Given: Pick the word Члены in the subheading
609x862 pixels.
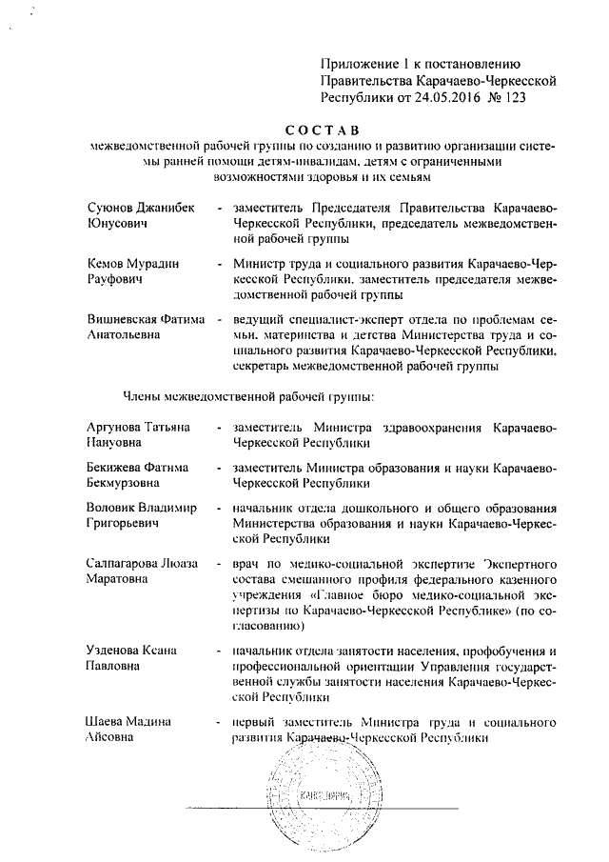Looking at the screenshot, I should click(143, 394).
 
